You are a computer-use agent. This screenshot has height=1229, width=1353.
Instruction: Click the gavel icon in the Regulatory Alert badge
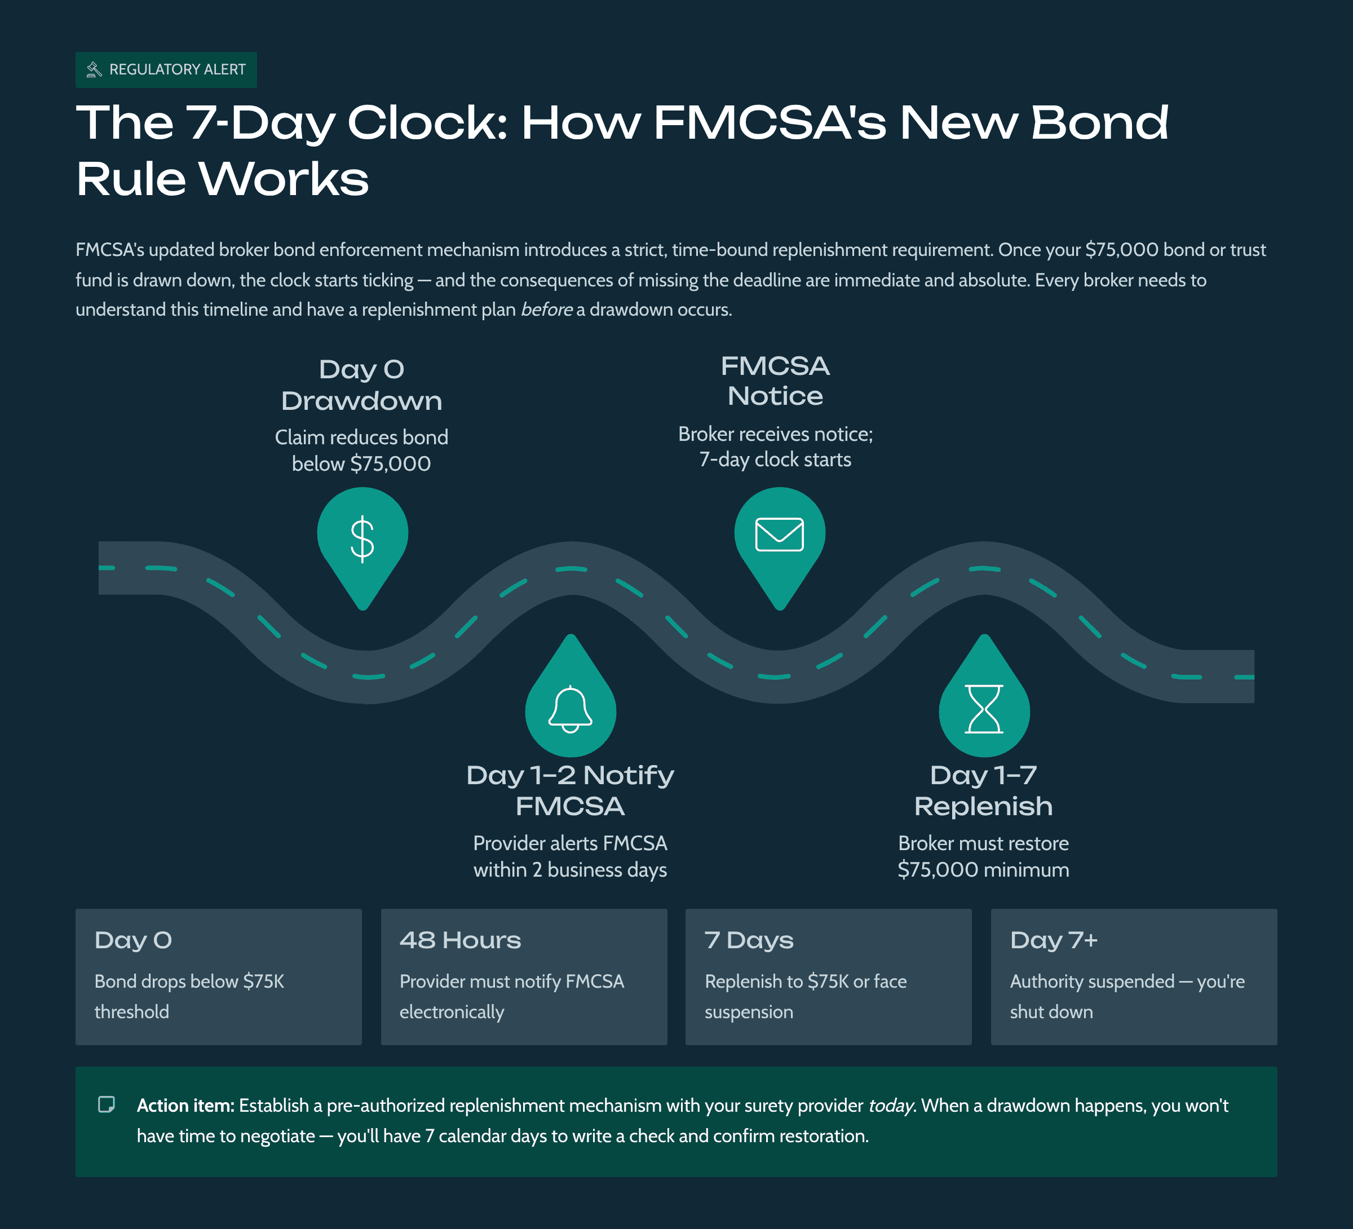click(x=94, y=69)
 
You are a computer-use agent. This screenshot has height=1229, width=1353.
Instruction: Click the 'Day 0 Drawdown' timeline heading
click(x=362, y=384)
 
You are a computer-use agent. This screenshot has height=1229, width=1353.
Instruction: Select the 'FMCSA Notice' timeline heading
click(x=775, y=381)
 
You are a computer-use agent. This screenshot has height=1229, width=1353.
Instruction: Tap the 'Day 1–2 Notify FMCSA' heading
click(x=571, y=790)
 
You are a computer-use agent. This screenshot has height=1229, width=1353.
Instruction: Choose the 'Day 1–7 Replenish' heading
click(x=983, y=790)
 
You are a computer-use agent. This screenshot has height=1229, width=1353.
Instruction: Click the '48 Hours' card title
click(x=461, y=940)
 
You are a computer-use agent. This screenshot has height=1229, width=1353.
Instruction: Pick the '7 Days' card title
click(x=749, y=940)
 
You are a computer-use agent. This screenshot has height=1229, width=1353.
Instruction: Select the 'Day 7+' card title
click(x=1054, y=940)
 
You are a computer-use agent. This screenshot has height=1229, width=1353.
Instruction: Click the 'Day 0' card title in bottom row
click(x=134, y=940)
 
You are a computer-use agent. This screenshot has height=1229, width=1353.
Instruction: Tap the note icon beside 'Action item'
click(x=107, y=1104)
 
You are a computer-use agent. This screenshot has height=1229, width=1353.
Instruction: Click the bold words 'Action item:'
click(x=185, y=1106)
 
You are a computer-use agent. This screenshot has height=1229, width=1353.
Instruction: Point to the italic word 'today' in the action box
click(x=891, y=1106)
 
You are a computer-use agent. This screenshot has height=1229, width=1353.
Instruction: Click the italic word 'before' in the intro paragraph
click(x=546, y=310)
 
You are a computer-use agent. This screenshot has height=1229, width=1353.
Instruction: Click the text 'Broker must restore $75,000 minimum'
click(x=983, y=856)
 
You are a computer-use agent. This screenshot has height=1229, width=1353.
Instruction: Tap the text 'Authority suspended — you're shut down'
click(x=1127, y=996)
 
